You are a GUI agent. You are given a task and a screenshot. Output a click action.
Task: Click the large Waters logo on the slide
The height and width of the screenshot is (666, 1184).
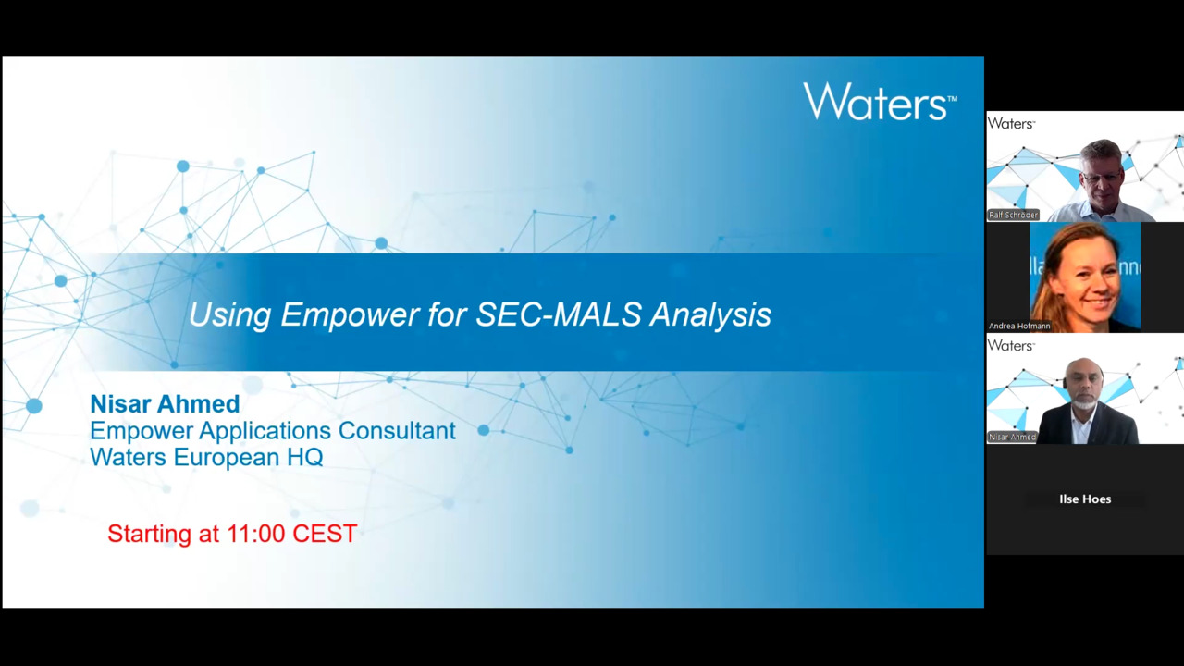coord(880,101)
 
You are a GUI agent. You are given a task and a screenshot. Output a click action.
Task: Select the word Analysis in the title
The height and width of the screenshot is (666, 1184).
coord(711,315)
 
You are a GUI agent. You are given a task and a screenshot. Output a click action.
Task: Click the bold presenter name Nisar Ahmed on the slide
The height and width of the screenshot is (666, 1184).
coord(165,404)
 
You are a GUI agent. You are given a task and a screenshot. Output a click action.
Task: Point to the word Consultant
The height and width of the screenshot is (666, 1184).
coord(397,430)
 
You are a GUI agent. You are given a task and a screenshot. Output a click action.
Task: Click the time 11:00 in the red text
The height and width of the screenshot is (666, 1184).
coord(256,534)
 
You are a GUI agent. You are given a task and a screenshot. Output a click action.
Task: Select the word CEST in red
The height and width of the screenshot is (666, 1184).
coord(325,534)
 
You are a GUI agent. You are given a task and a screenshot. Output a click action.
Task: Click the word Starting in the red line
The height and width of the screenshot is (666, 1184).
coord(150,534)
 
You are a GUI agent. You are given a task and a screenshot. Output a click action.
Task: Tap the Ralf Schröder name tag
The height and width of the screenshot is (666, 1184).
coord(1013,215)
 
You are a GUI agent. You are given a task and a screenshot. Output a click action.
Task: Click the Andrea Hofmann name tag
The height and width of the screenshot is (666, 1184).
coord(1019,326)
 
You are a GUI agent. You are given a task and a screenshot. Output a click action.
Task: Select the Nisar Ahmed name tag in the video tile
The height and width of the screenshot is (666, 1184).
coord(1012,437)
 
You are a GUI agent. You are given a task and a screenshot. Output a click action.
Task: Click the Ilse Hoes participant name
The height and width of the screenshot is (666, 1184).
coord(1085,499)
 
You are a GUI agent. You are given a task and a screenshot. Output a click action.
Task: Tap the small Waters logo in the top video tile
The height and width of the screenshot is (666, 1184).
coord(1011,123)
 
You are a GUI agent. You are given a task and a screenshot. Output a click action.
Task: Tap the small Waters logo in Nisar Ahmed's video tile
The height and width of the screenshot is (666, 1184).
coord(1011,345)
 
